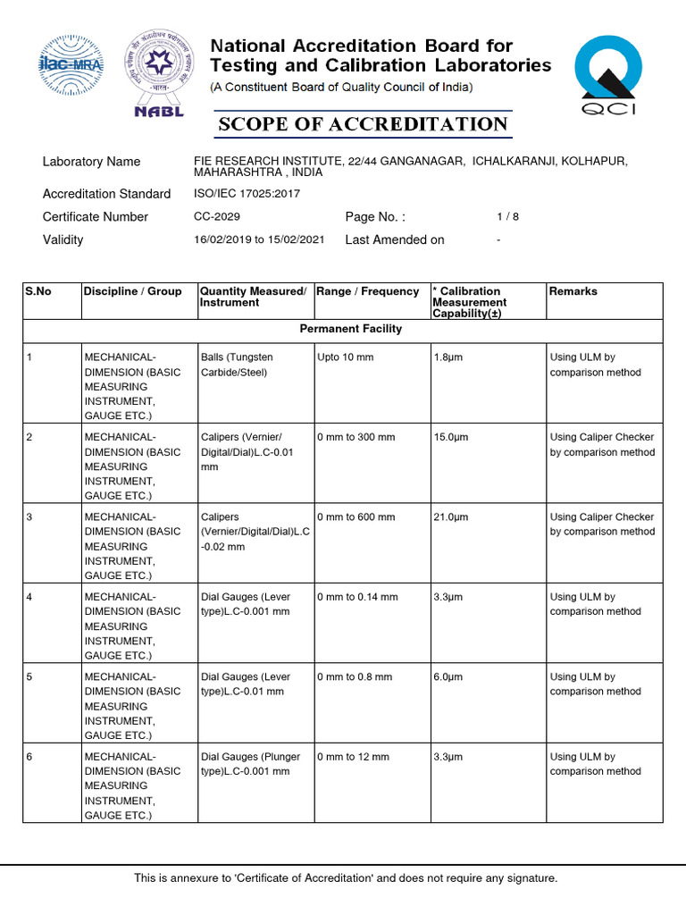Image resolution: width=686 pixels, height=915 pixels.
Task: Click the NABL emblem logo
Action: pos(158,73)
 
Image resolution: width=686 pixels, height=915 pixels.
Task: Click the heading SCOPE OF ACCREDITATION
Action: pos(363,124)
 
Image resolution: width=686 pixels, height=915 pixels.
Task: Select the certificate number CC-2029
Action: pos(217,217)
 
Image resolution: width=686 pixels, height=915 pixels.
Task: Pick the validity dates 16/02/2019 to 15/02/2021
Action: pos(259,239)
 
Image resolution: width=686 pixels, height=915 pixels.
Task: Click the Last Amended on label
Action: pos(394,239)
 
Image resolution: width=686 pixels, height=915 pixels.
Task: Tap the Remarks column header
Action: pos(573,291)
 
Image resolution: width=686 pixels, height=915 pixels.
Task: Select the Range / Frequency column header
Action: pos(368,291)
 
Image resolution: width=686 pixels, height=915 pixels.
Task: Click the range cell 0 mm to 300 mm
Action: pos(356,437)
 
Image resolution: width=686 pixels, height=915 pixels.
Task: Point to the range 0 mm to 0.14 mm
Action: pos(357,597)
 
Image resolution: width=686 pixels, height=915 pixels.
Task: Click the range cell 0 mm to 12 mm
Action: pos(353,757)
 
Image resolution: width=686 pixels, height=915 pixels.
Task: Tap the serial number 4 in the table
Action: pos(29,597)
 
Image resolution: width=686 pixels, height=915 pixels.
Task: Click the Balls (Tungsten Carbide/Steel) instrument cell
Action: pos(237,365)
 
